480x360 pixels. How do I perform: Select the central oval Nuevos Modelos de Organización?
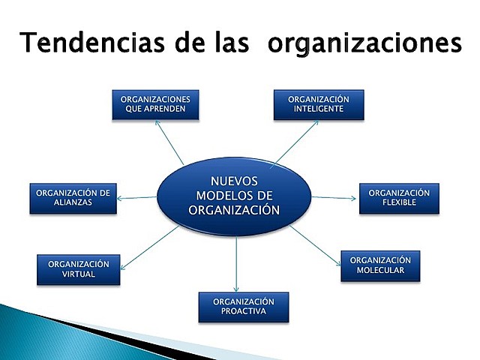(234, 196)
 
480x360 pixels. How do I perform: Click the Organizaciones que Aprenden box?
(156, 105)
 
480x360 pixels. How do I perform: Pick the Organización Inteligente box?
(319, 105)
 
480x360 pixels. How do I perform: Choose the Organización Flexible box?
(398, 198)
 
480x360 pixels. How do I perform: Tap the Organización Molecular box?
(380, 265)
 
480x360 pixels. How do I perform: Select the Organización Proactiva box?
(244, 307)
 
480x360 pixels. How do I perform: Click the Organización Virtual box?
(78, 270)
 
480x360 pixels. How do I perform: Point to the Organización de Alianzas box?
(73, 198)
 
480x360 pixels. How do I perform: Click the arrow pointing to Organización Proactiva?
(236, 262)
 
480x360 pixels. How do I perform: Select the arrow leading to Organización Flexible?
(334, 198)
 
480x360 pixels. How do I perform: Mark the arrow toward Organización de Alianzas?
(139, 198)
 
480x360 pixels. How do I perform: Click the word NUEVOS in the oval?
(234, 181)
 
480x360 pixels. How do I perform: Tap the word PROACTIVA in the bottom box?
(244, 312)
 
